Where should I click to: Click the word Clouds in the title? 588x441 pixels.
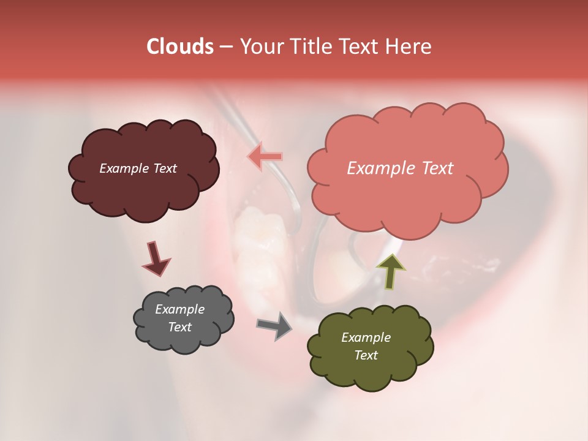180,47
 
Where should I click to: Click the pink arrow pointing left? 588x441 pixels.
265,156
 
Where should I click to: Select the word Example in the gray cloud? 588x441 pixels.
179,309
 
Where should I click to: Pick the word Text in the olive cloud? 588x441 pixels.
366,355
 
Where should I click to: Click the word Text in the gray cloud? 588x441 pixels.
179,327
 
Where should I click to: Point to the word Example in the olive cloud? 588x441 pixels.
366,337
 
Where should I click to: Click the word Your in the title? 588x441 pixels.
259,47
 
